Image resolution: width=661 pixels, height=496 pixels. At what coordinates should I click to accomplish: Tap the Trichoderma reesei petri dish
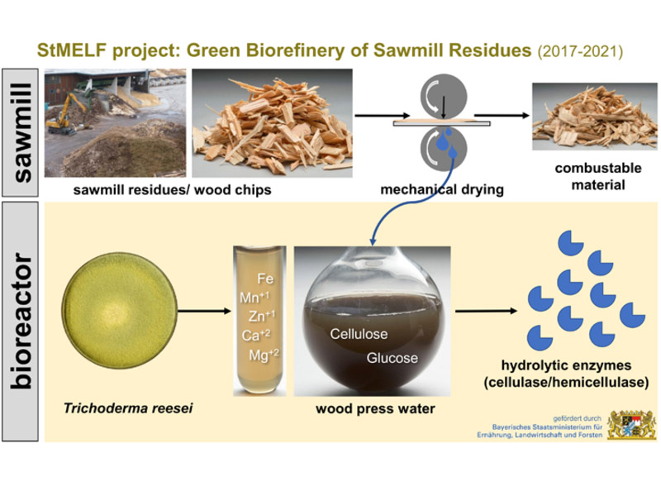(119, 311)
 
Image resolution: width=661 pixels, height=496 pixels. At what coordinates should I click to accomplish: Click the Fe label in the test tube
(265, 279)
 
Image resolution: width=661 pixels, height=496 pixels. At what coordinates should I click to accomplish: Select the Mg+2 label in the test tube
(264, 355)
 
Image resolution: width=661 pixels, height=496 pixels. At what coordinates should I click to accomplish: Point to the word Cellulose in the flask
(359, 334)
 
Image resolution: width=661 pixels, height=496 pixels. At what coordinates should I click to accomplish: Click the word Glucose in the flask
(392, 358)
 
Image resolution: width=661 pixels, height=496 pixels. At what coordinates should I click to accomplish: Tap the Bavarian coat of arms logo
(631, 425)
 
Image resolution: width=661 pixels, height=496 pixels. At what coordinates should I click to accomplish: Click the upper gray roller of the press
(444, 98)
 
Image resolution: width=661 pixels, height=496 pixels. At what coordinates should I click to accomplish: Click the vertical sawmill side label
(21, 132)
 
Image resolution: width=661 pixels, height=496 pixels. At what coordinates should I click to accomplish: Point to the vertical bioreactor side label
(21, 322)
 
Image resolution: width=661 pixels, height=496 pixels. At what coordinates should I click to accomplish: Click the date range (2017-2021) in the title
(580, 51)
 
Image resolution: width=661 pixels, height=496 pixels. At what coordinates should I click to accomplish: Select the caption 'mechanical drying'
(442, 189)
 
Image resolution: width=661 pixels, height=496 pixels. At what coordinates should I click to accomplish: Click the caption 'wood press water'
(375, 408)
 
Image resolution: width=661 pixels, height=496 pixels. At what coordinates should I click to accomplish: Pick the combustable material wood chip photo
(594, 117)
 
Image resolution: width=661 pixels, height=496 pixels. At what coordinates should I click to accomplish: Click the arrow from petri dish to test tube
(204, 312)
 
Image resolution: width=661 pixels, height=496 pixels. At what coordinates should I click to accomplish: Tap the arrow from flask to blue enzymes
(486, 312)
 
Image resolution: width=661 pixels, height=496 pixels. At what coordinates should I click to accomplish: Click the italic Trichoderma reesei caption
(128, 408)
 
